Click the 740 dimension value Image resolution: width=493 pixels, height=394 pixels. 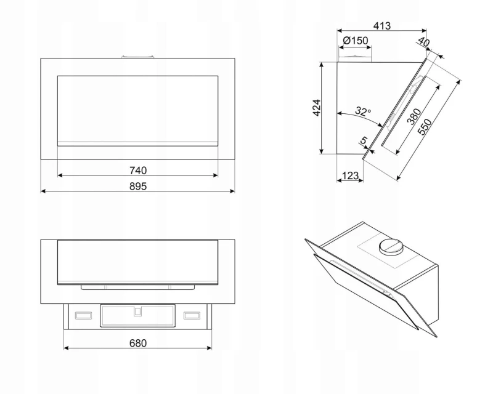coord(138,171)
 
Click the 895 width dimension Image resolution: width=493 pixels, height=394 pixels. coord(138,187)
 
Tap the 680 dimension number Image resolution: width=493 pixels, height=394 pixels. coord(138,343)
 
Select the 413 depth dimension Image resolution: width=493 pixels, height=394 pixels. coord(381,26)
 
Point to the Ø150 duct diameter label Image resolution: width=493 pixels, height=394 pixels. coord(356,41)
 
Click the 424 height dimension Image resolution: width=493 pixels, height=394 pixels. coord(317,108)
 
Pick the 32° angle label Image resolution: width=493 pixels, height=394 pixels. coord(363,111)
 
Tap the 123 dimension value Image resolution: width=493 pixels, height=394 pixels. coord(350,175)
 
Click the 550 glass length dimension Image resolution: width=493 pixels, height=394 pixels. coord(425,127)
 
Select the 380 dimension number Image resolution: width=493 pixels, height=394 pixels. coord(414,116)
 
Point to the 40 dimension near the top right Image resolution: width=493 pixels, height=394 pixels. coord(423,42)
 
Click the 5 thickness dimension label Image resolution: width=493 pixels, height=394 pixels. coord(364,140)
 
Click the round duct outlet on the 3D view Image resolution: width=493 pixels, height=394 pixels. coord(391,247)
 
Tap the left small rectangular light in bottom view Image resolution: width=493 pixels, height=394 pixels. coord(83,315)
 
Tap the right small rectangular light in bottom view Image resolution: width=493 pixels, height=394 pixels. coord(192,315)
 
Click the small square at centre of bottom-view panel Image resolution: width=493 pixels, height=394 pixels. coord(137,312)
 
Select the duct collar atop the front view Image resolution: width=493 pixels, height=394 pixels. coord(137,57)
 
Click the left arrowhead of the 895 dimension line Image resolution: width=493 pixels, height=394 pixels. coord(43,191)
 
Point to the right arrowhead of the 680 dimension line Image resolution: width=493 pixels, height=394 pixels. coord(209,347)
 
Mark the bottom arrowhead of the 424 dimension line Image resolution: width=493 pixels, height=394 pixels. coord(321,151)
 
